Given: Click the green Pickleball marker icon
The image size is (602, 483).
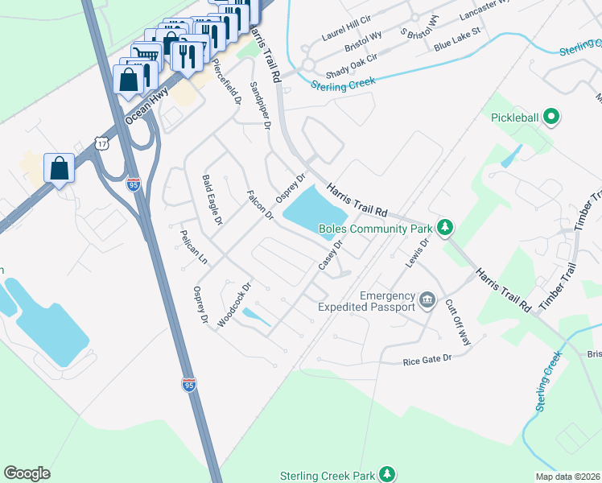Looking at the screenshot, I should click(x=551, y=118).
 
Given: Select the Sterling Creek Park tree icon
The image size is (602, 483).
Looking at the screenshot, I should click(x=388, y=474).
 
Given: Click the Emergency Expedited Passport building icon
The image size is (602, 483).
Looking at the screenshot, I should click(x=427, y=302).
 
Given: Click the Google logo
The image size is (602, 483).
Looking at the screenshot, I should click(x=27, y=473).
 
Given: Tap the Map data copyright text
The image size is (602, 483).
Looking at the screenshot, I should click(x=568, y=477).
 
